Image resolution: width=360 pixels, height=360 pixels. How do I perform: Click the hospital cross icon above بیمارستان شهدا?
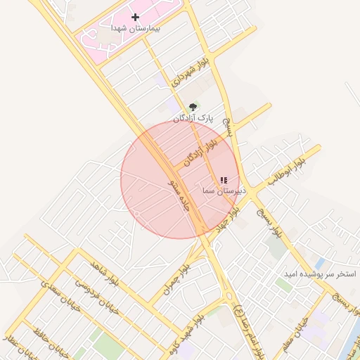136,16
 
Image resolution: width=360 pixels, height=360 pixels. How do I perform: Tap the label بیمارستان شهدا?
136,28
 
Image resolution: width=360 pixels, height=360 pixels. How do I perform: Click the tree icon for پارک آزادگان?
193,107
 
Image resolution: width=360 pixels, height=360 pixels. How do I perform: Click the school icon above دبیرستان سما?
224,181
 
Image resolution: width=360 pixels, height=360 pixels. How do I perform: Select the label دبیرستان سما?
221,191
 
